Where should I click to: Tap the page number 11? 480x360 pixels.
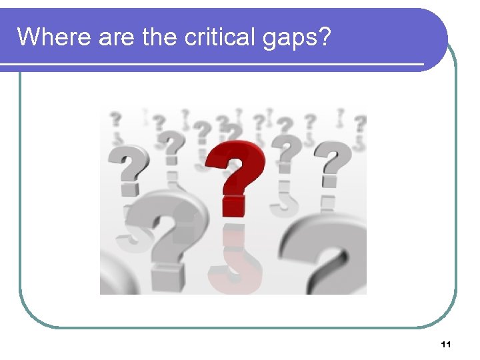pyautogui.click(x=446, y=345)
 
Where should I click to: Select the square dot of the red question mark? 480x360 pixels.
pyautogui.click(x=233, y=205)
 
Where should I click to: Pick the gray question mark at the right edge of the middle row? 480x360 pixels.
pyautogui.click(x=333, y=163)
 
